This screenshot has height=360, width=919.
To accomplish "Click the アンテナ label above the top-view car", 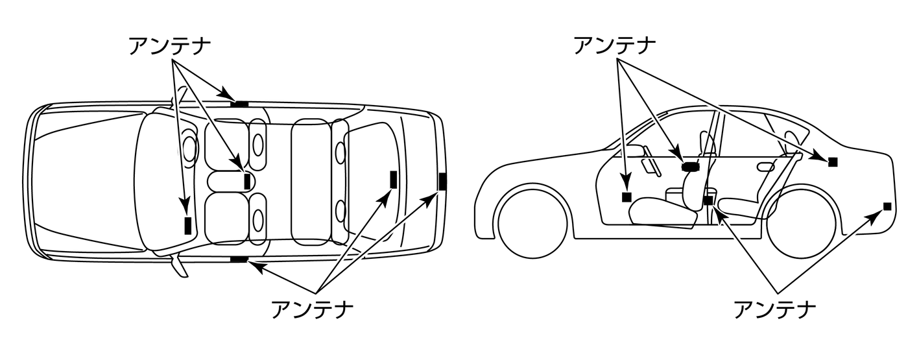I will (169, 47).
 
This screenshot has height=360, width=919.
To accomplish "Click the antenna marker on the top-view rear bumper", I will (442, 181).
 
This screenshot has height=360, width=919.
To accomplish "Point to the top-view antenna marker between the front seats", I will (247, 181).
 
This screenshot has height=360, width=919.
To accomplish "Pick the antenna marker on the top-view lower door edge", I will (239, 259).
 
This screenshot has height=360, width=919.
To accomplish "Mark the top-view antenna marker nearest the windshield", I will (188, 225).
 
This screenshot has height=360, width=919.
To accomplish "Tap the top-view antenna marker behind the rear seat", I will (393, 179).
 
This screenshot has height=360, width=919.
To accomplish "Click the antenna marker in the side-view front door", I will (627, 197).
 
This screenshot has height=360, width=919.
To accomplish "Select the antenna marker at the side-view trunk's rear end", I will (887, 206).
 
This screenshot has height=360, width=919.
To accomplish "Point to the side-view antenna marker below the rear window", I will (833, 162).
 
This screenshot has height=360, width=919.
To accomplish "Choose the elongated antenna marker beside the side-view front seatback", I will (689, 166).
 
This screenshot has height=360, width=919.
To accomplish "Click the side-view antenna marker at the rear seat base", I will (708, 200).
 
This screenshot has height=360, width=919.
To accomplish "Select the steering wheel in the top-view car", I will (189, 148).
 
